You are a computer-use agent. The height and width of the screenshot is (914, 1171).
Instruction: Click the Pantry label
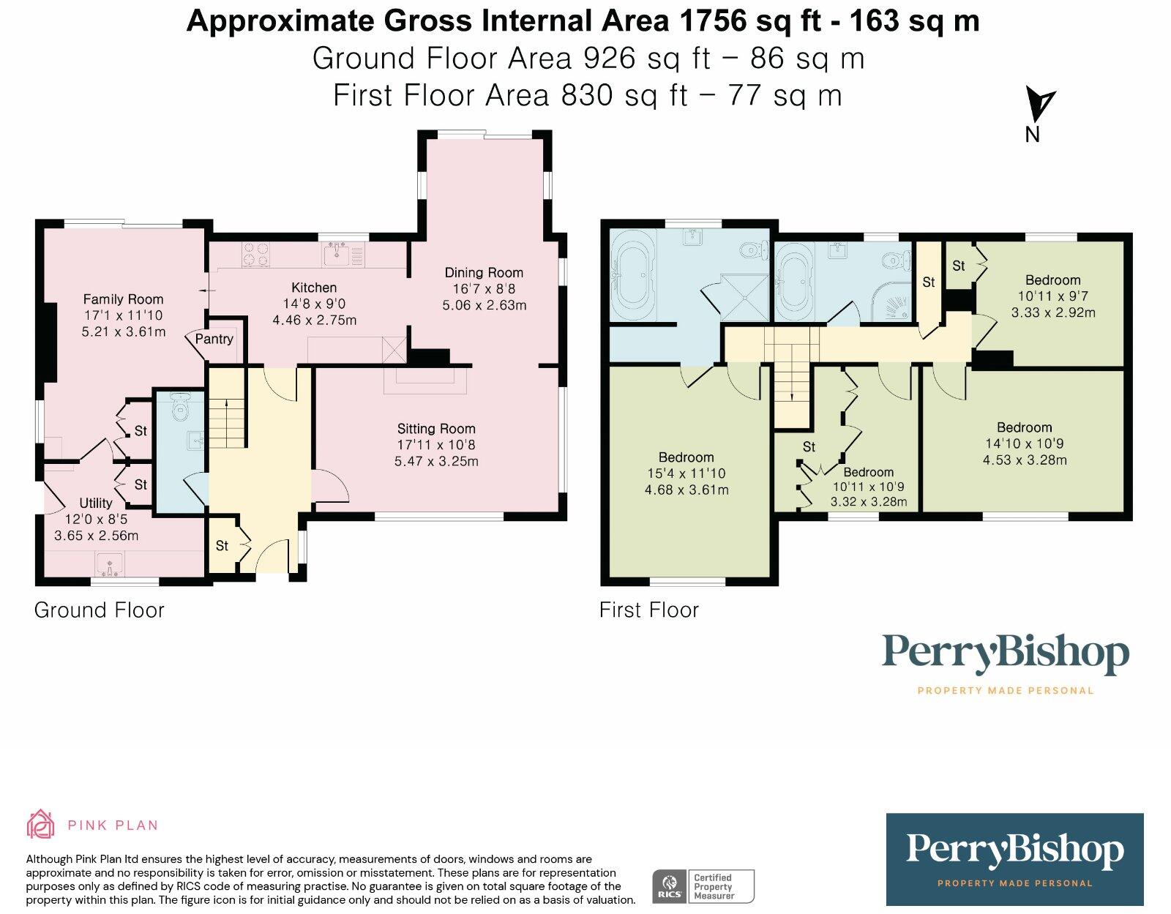(x=214, y=340)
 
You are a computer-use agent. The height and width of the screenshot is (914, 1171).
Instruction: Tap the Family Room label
(x=123, y=299)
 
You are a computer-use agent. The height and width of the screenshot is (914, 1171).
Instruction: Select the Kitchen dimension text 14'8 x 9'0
(x=314, y=304)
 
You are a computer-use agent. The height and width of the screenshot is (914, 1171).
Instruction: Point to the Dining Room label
(x=483, y=272)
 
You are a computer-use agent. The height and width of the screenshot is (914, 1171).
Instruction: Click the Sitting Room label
(x=436, y=429)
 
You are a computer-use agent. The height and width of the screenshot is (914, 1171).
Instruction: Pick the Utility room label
(x=96, y=503)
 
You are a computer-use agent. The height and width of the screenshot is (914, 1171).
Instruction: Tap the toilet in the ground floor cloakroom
(x=178, y=406)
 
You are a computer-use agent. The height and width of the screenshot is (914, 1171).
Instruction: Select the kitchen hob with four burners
(x=255, y=254)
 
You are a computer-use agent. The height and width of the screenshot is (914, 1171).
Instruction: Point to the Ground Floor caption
(x=99, y=610)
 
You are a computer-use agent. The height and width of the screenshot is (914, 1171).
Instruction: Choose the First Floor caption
(x=649, y=610)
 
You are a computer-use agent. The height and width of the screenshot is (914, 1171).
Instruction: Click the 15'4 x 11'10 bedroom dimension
(x=686, y=473)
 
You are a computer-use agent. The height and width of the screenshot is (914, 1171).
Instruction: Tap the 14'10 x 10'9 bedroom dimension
(x=1024, y=443)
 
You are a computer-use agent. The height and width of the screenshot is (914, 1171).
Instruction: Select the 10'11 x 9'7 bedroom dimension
(x=1052, y=296)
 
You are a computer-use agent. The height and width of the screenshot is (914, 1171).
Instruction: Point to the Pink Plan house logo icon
(x=41, y=824)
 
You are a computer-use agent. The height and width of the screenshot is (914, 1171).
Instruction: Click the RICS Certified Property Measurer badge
(x=703, y=886)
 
